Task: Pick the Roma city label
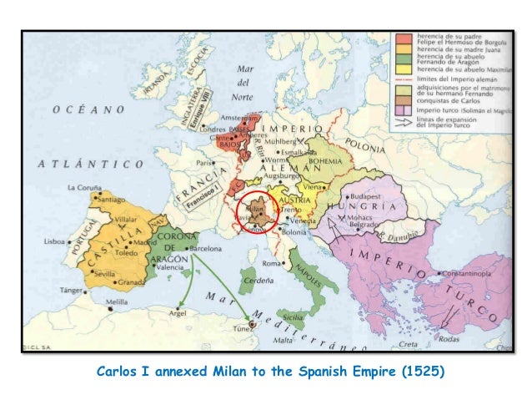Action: (270, 263)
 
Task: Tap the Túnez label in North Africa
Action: (242, 330)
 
